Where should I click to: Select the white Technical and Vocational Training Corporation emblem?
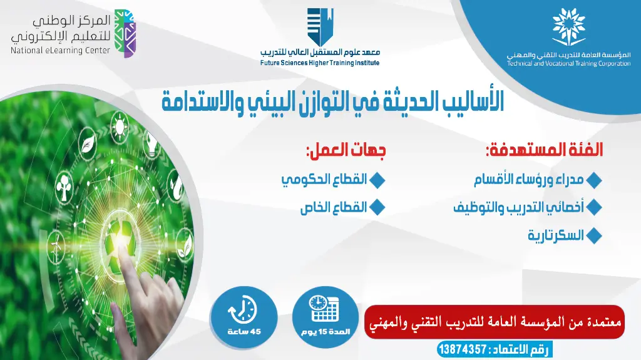[568, 28]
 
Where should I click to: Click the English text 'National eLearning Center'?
[60, 51]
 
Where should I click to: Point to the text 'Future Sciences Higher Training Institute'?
[320, 63]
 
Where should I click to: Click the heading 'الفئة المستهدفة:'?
[544, 150]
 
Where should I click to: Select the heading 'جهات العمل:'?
[346, 150]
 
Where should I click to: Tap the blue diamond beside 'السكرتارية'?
[595, 236]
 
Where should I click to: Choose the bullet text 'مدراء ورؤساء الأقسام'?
[529, 180]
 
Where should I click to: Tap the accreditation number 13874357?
[464, 349]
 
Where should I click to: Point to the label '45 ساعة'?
[242, 331]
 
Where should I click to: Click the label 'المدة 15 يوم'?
[324, 330]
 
